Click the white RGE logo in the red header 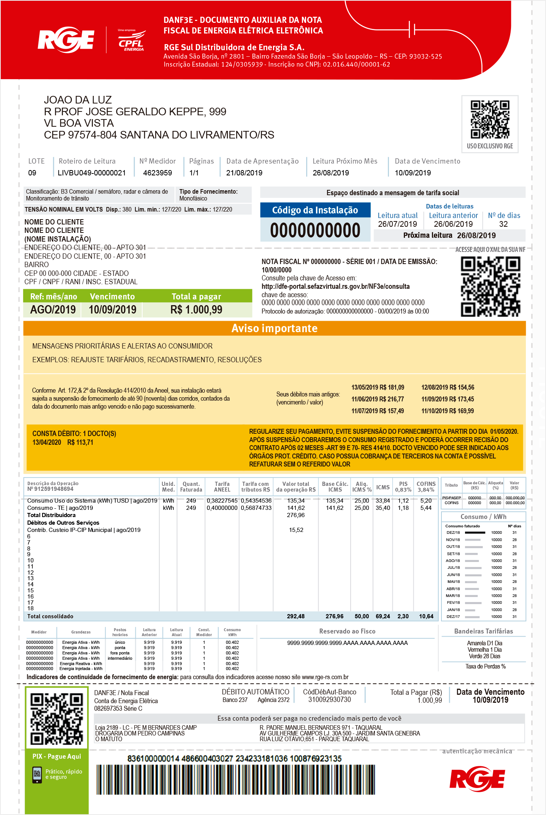66,40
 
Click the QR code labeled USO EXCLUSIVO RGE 490,119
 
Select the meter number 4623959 157,173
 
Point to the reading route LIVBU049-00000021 92,173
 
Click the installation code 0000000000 315,231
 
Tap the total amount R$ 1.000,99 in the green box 196,310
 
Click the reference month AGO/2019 53,310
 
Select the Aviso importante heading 275,328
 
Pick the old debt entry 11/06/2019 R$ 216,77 378,399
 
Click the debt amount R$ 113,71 80,442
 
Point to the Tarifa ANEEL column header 222,487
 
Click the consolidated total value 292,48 296,616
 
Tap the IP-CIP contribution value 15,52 296,530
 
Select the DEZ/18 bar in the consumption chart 475,533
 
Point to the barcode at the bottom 236,780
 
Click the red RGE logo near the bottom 477,780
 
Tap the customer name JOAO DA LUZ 78,100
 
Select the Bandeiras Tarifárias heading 483,631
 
